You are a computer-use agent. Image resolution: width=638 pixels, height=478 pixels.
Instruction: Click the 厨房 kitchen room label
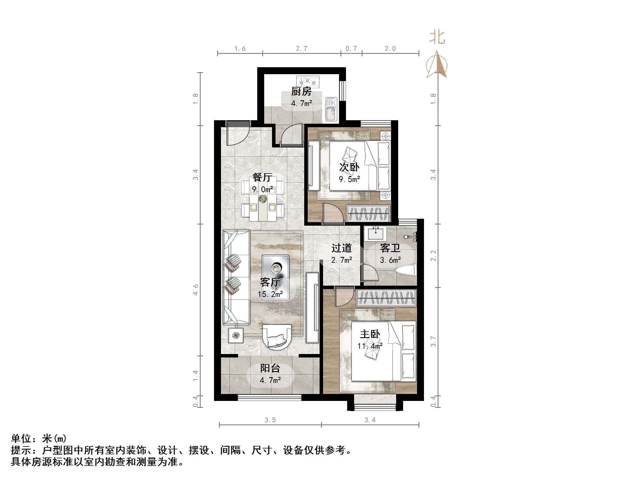click(301, 92)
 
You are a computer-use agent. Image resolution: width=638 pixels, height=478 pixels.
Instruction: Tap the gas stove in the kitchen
click(307, 82)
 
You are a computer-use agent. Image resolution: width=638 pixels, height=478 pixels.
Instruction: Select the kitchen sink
click(331, 109)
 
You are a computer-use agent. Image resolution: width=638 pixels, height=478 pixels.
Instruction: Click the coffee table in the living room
click(275, 277)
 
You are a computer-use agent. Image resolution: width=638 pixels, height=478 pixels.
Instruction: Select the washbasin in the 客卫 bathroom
click(376, 233)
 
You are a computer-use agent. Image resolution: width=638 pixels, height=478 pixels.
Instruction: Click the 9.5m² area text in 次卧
click(349, 179)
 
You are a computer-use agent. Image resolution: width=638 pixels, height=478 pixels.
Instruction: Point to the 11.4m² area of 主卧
click(370, 346)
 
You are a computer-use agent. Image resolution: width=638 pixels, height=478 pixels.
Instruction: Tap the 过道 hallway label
click(342, 248)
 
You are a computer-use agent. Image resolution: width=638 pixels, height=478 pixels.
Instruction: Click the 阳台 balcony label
click(270, 368)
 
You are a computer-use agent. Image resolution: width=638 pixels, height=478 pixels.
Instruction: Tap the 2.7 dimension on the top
click(301, 49)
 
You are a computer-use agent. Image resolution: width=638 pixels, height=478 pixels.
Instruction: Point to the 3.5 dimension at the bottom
click(270, 420)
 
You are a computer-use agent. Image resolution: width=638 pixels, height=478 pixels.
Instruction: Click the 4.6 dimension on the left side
click(196, 290)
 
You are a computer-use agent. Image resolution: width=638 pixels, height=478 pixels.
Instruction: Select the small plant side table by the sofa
click(235, 335)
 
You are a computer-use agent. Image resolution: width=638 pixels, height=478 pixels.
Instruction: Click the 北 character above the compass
click(437, 37)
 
